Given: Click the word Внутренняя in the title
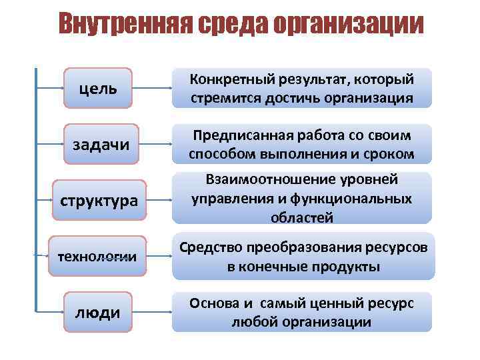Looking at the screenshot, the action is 123,25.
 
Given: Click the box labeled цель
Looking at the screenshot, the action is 98,88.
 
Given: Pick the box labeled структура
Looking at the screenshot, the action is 100,200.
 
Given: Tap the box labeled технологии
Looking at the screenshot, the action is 100,256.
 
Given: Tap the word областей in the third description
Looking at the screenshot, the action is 302,217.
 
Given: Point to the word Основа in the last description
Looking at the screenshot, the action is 214,303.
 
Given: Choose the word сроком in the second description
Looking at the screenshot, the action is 390,155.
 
